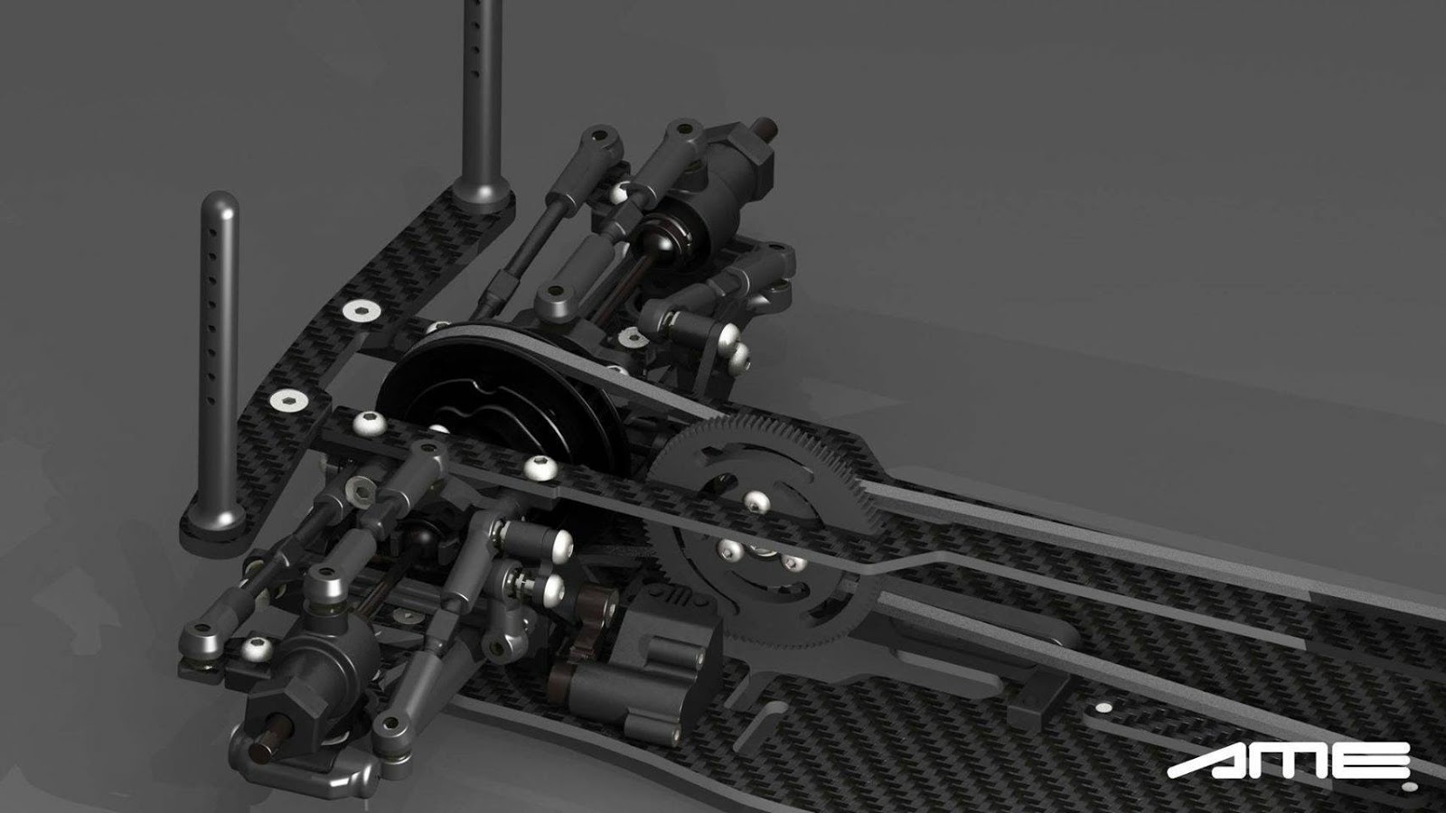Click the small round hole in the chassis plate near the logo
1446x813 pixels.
(x=1105, y=707)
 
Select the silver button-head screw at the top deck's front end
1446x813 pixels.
(x=370, y=422)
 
